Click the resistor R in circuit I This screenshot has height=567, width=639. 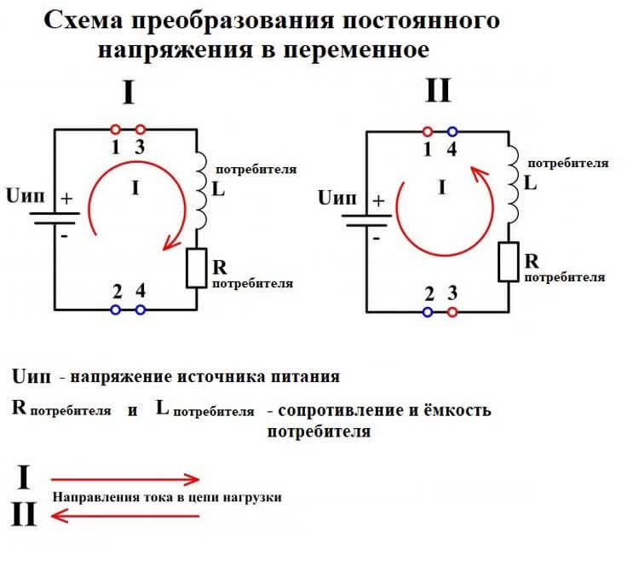(195, 267)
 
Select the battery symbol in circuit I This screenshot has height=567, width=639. (56, 217)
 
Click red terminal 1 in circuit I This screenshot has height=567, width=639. (117, 130)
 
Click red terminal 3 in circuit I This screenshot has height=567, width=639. (141, 130)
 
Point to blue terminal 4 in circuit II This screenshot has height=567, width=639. (452, 132)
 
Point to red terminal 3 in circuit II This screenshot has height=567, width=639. (452, 312)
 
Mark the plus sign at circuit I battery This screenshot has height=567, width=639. (67, 198)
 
